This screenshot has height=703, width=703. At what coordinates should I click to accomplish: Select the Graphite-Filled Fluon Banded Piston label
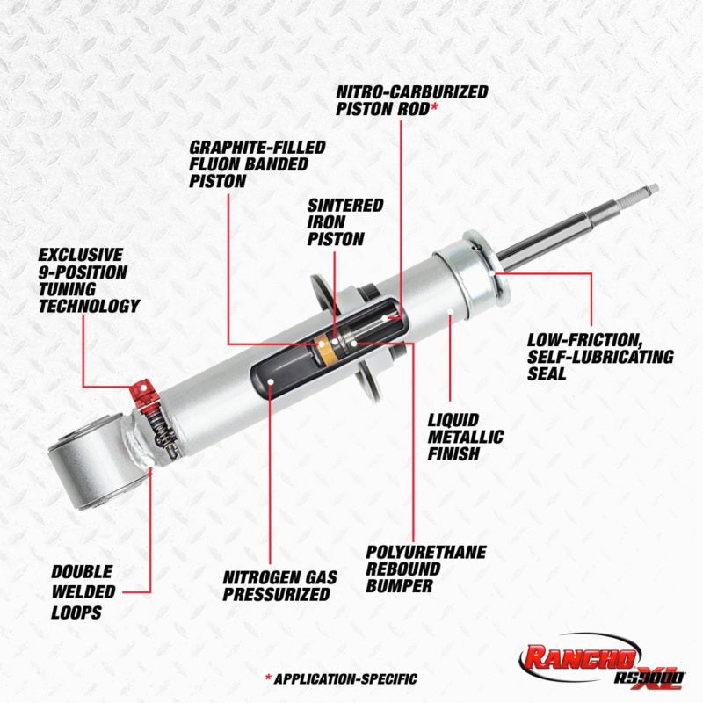click(257, 163)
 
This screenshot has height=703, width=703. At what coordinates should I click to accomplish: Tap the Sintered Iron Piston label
click(345, 221)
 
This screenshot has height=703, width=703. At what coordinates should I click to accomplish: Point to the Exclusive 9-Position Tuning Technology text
click(89, 279)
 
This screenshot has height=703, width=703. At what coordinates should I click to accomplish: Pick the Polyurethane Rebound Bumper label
click(426, 568)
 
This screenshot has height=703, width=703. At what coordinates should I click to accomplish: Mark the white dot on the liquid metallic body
click(449, 311)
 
